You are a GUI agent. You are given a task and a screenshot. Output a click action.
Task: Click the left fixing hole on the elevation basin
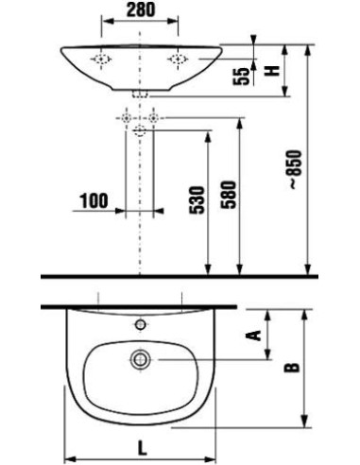[100, 58]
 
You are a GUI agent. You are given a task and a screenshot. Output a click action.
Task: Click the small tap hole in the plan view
[140, 325]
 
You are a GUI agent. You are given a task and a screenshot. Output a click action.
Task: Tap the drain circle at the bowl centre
[140, 360]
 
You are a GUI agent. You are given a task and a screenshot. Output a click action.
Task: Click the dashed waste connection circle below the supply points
[140, 130]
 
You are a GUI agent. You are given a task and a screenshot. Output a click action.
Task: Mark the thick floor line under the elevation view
[180, 275]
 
